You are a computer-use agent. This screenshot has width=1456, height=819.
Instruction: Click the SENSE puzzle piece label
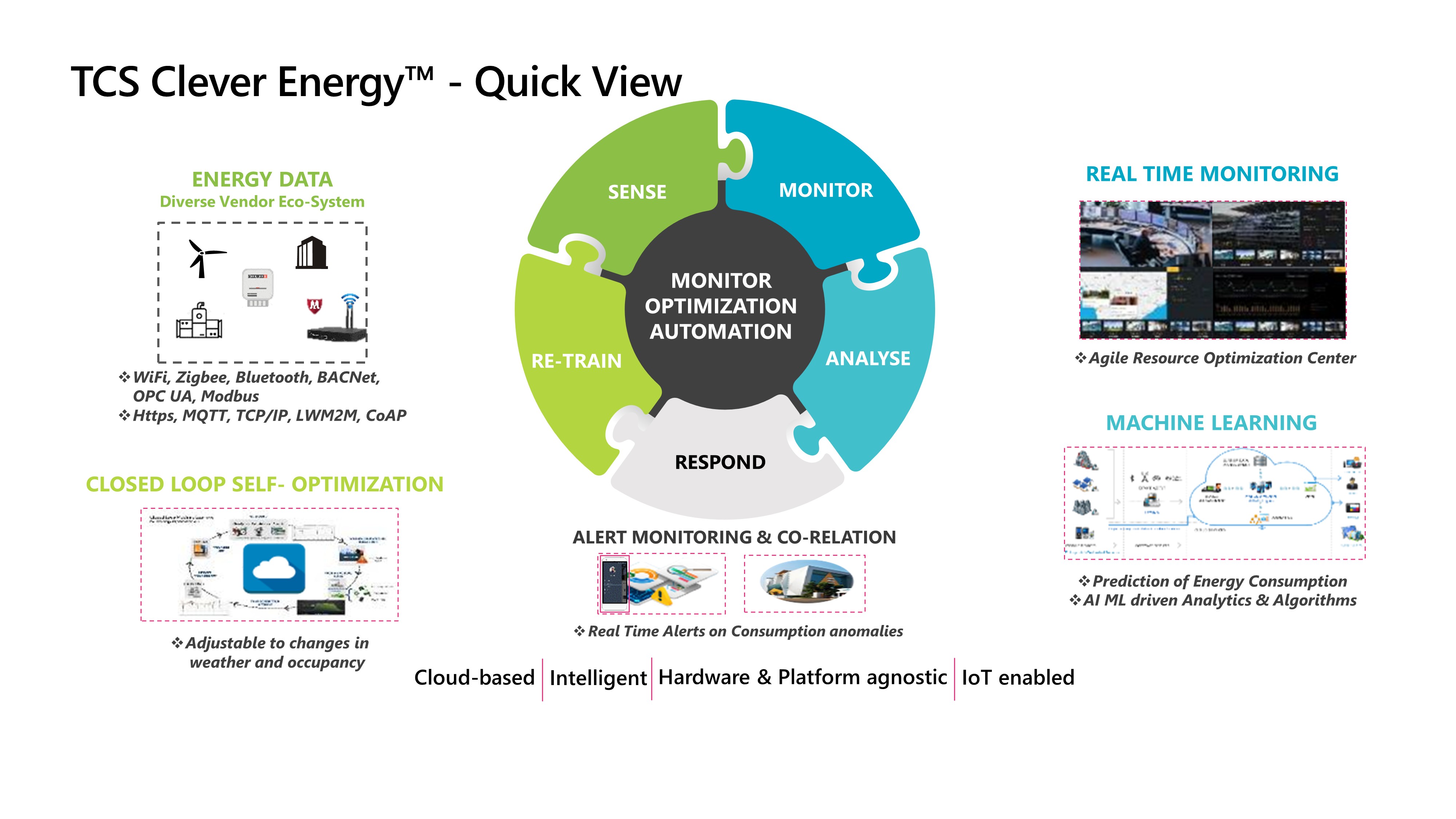[x=637, y=192]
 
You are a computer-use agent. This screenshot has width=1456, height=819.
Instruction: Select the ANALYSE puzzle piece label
[x=868, y=358]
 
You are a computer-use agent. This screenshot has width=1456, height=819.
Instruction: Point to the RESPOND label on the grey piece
[x=720, y=462]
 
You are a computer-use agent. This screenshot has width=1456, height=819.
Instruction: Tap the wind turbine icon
[x=204, y=258]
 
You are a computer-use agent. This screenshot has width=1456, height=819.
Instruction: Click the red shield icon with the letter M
[x=314, y=306]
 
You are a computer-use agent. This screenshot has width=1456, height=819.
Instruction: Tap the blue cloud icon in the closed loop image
[x=274, y=569]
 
